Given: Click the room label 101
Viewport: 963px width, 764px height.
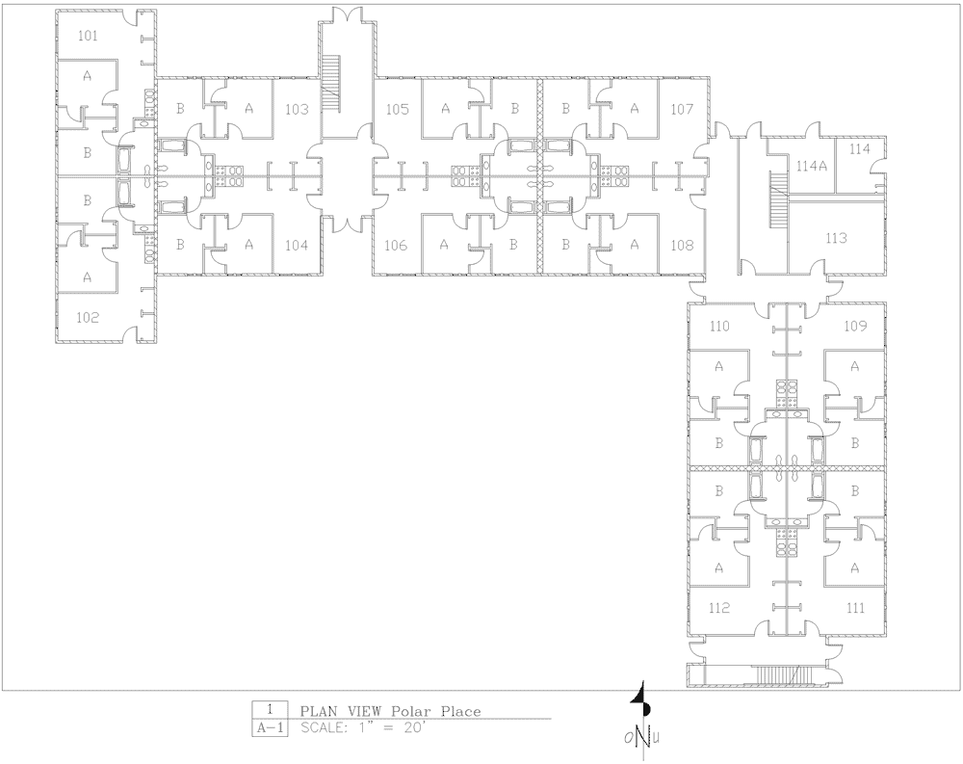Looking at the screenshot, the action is click(88, 36).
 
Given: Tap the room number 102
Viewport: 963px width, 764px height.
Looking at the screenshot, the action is click(88, 318).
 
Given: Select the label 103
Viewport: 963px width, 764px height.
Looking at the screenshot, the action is click(298, 110).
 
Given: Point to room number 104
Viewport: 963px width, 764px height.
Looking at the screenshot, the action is click(298, 246).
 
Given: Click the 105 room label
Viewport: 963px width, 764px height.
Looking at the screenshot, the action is click(398, 110).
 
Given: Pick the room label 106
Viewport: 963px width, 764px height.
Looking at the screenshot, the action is click(396, 246).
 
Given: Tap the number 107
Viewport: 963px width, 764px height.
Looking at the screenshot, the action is click(683, 110).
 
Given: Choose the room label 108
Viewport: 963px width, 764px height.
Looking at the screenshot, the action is click(683, 246).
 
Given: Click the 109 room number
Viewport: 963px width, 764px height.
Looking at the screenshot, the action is click(855, 326).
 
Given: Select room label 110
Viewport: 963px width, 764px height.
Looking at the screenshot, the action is click(719, 326).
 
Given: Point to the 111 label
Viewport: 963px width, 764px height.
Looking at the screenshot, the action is click(855, 608).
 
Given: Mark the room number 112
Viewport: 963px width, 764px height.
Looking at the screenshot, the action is click(719, 608).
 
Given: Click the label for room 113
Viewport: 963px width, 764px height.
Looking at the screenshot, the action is click(837, 238).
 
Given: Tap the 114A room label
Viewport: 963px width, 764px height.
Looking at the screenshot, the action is click(810, 166).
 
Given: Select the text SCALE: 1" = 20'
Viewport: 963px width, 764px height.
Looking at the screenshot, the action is click(362, 728).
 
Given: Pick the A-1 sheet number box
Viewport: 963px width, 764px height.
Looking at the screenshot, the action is click(268, 728).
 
